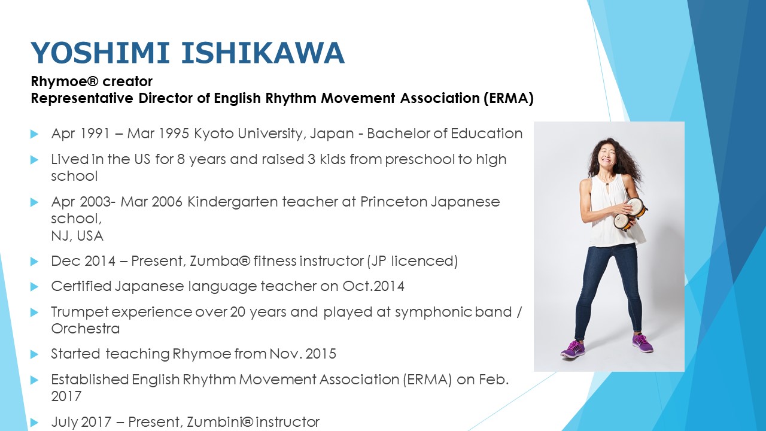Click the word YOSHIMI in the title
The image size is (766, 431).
pos(100,53)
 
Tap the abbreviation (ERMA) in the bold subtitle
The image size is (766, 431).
pos(508,99)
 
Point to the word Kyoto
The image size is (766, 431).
pos(214,133)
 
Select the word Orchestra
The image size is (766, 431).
pos(86,329)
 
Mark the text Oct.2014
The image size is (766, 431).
pos(373,286)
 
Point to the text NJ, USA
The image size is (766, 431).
pos(77,236)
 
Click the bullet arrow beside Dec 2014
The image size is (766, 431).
pos(34,262)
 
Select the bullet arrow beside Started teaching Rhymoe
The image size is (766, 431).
pos(34,354)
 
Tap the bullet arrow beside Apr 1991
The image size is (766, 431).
pos(34,134)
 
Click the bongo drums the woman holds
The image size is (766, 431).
pos(630,214)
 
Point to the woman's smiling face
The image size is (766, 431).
pos(609,157)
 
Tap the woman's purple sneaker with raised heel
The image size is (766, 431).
pos(573,349)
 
